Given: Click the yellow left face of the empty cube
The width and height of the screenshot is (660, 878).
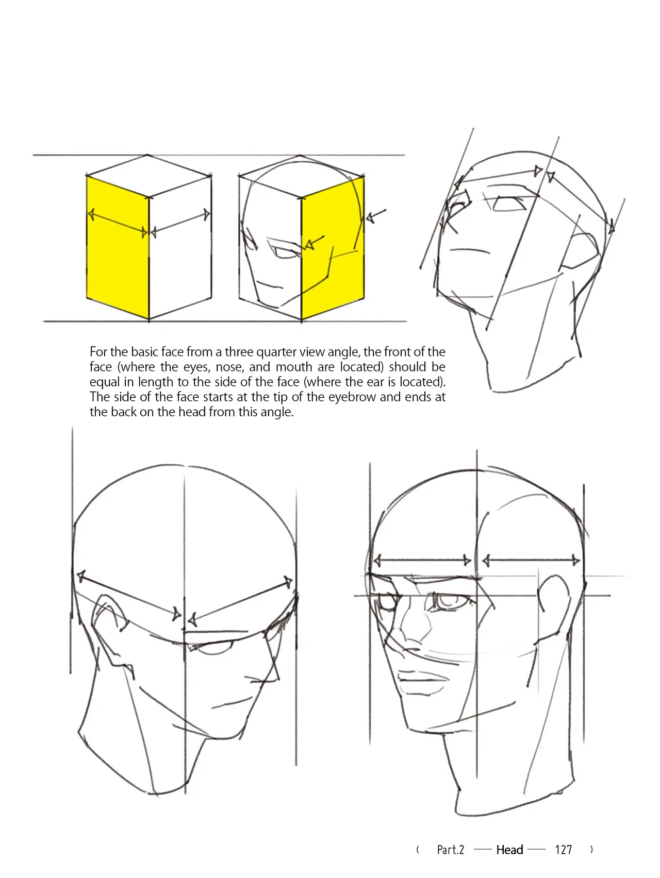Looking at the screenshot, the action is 118,247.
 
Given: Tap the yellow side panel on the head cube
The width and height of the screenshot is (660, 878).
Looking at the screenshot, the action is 333,247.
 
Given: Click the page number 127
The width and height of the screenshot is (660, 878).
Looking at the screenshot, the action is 564,850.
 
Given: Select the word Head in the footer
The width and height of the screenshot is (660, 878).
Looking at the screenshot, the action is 509,850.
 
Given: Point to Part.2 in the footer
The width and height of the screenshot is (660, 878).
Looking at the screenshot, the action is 451,850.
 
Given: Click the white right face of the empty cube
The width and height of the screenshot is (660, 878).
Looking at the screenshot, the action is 180,247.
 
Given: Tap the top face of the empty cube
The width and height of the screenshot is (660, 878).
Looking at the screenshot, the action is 148,176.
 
